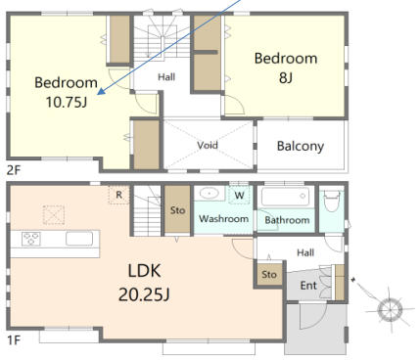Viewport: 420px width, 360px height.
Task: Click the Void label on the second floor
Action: click(x=208, y=145)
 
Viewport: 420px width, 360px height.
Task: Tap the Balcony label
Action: click(x=301, y=147)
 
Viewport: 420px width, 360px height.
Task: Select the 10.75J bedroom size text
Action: click(x=67, y=102)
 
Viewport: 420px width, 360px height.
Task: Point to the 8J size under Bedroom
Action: click(x=286, y=77)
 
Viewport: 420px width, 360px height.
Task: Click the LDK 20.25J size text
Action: click(x=144, y=294)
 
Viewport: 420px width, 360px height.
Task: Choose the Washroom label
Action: click(x=224, y=218)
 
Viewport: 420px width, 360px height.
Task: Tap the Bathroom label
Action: click(x=287, y=220)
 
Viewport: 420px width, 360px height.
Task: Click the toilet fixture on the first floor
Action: click(x=332, y=201)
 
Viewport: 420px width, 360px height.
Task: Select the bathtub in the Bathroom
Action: click(x=285, y=197)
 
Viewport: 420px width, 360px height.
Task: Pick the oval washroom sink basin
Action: click(x=209, y=194)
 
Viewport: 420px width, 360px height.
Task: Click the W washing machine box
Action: click(x=239, y=196)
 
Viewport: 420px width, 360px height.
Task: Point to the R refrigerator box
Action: click(x=118, y=195)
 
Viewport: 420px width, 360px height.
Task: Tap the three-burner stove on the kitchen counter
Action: click(x=31, y=239)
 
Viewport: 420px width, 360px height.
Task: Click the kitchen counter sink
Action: click(x=79, y=239)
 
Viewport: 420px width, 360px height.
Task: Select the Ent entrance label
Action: click(x=308, y=286)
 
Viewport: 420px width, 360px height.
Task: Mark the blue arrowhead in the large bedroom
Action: click(x=101, y=92)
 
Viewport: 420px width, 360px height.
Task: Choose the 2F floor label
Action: click(x=14, y=170)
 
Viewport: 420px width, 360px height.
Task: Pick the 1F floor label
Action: click(x=14, y=340)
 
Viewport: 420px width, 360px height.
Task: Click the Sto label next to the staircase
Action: click(x=177, y=210)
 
